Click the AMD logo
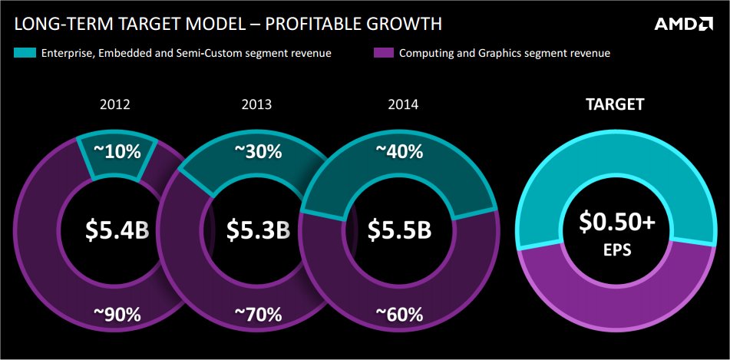click(x=683, y=24)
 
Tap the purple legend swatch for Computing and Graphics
click(x=382, y=53)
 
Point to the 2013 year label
click(x=256, y=104)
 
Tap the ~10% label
click(x=118, y=152)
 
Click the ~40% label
click(x=400, y=152)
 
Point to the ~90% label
click(x=118, y=314)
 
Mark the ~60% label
click(x=400, y=314)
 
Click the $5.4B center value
click(x=117, y=230)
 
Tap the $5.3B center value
click(x=258, y=230)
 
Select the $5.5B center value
click(x=399, y=230)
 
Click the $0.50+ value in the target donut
click(x=617, y=223)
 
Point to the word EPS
click(x=617, y=250)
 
